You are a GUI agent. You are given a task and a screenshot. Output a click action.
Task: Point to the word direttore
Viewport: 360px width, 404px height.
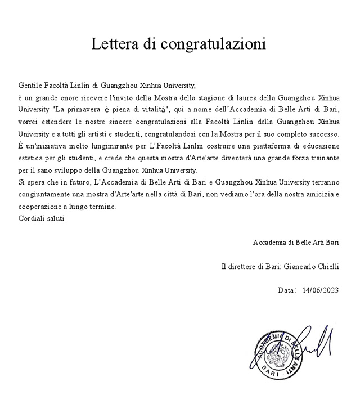(243, 266)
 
